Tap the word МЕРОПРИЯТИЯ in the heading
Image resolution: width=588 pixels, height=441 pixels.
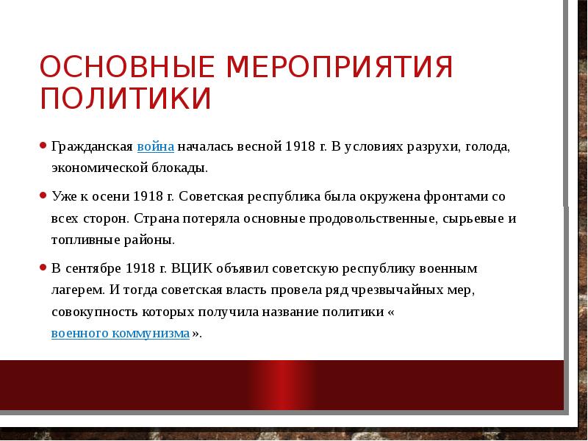(340, 68)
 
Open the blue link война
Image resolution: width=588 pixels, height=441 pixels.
(155, 146)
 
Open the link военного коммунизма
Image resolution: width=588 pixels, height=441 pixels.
(121, 333)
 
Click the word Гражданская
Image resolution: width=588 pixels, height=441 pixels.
(92, 146)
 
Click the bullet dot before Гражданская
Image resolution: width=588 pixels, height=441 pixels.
(43, 146)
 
